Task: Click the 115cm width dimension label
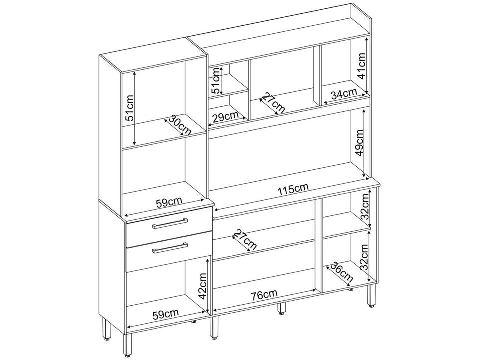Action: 293,188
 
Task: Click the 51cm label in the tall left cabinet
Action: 129,108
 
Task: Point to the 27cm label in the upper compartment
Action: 273,103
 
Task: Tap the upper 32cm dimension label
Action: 365,208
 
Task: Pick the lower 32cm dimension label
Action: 365,255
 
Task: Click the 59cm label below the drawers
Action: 165,314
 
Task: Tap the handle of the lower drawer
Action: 170,247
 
